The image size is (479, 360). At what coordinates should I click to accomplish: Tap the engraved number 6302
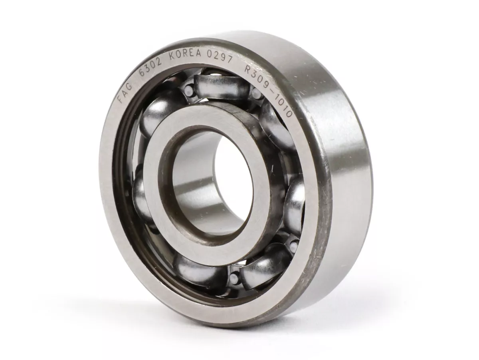point(150,65)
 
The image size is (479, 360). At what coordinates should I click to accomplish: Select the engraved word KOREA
point(185,53)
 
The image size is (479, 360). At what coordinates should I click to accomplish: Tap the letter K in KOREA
point(172,56)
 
